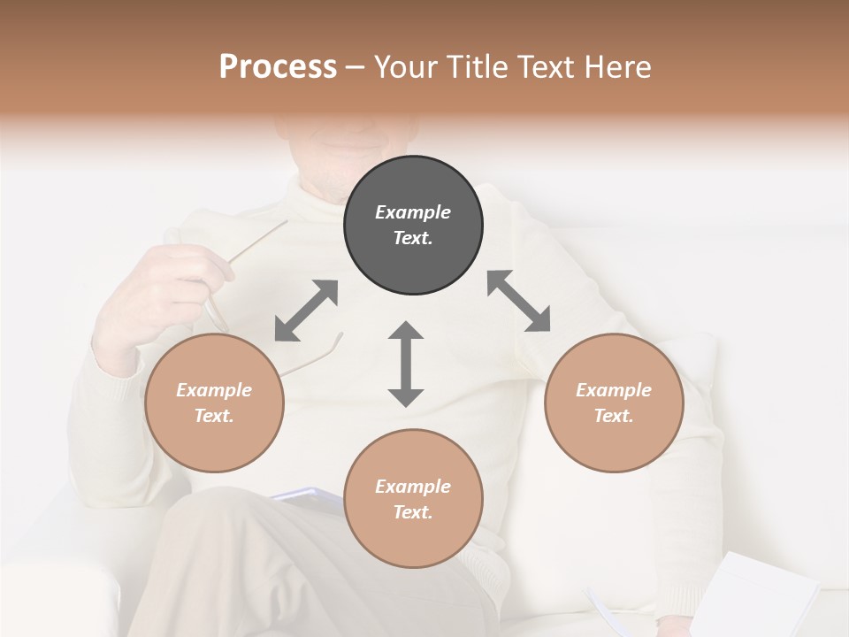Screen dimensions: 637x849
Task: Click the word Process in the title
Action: click(x=278, y=67)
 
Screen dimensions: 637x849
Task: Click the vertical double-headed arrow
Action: click(x=406, y=364)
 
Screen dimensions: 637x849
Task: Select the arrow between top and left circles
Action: click(x=306, y=311)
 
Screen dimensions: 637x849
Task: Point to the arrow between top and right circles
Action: click(x=518, y=301)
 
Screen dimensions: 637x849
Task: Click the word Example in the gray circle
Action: click(x=413, y=212)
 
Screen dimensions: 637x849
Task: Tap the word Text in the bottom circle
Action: click(x=413, y=512)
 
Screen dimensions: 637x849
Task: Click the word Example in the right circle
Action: click(x=614, y=390)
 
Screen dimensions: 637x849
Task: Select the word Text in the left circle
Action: click(x=214, y=416)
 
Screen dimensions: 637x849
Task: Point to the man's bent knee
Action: click(x=230, y=531)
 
